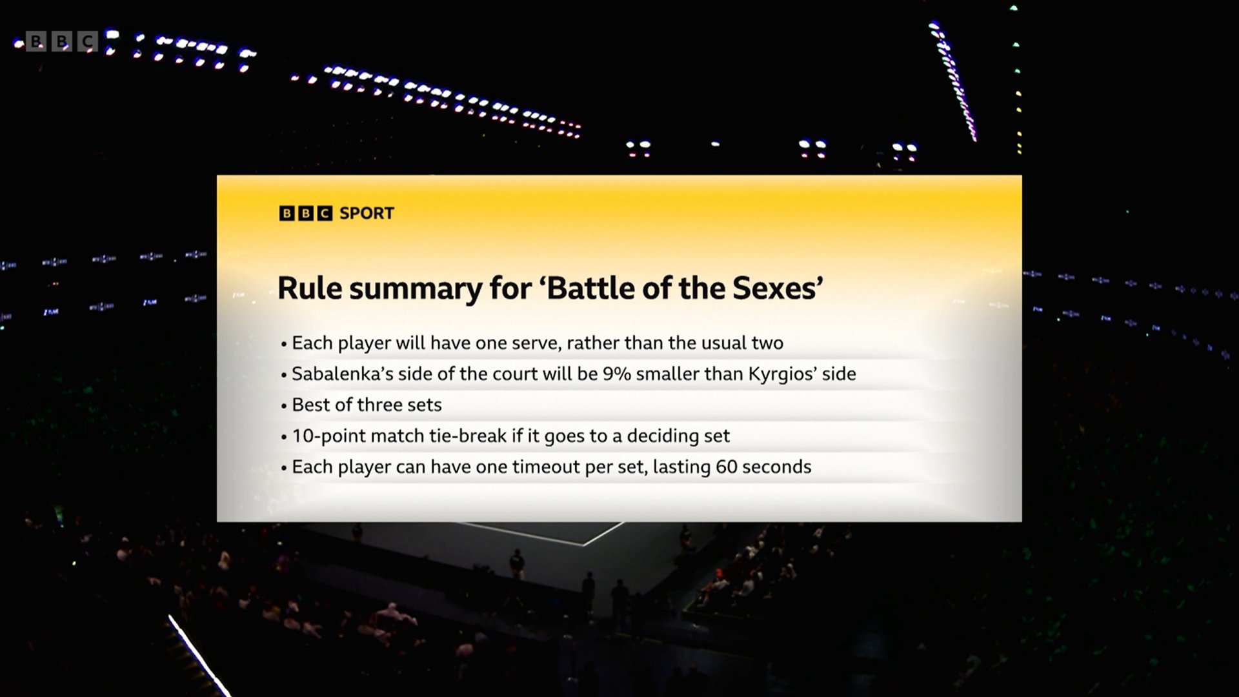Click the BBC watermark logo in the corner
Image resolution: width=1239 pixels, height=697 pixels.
point(62,42)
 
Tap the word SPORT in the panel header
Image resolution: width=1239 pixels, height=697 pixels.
point(367,213)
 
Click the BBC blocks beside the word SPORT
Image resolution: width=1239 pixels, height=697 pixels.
point(306,213)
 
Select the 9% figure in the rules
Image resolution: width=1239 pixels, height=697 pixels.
point(616,374)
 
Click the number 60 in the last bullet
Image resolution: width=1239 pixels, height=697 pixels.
point(727,467)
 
